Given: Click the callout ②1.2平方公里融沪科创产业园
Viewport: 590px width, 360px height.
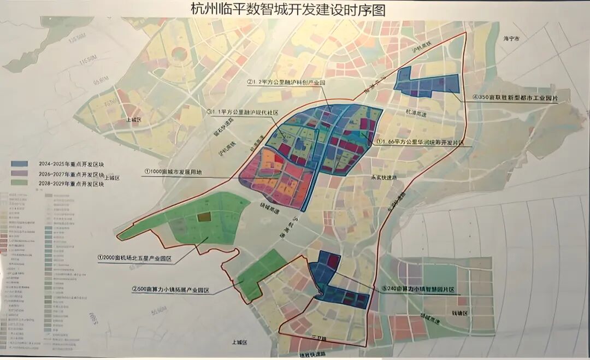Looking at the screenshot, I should (286, 82).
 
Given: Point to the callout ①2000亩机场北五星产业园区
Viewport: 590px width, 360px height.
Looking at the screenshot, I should (135, 257).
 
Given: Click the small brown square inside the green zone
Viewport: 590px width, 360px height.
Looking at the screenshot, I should (204, 217).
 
